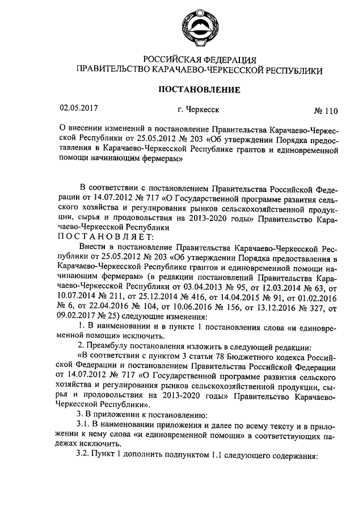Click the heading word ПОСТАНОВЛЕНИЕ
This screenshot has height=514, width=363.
coord(199,90)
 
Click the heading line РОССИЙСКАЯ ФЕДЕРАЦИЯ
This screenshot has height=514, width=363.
coord(200,60)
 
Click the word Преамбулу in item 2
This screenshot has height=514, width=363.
coord(113,346)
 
